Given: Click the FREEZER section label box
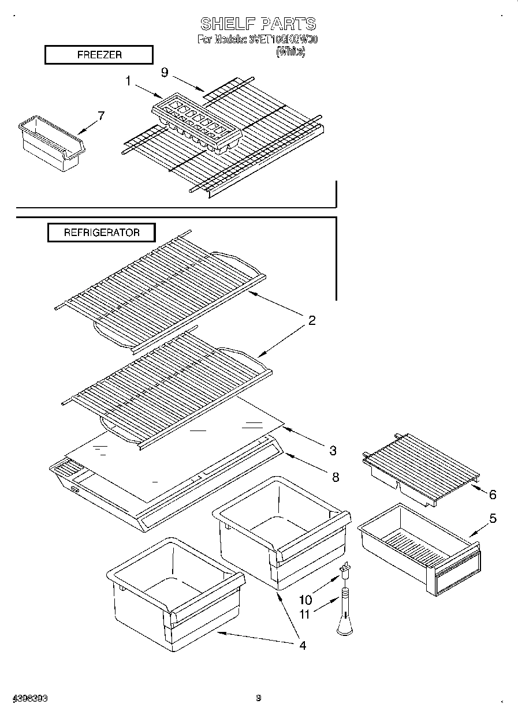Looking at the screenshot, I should [x=99, y=55].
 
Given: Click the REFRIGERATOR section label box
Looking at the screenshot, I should [x=101, y=233].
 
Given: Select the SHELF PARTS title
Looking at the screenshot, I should [x=258, y=24].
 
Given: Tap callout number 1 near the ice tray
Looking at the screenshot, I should [x=129, y=81].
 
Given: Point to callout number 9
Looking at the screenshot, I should [x=165, y=72].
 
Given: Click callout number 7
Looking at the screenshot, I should [x=101, y=115].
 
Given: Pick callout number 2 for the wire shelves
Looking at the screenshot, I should [x=311, y=320].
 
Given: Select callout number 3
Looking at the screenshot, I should [x=333, y=450].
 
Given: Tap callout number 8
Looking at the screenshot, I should [x=335, y=477].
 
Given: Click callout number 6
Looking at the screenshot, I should [x=492, y=495].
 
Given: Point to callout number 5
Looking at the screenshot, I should [x=492, y=518].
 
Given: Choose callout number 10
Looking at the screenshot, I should [x=305, y=600].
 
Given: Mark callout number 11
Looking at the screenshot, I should [x=304, y=615].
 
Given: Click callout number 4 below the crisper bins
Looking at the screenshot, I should [x=302, y=645].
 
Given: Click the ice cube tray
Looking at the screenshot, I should [x=196, y=123].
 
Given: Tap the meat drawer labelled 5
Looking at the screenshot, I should [x=419, y=548].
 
